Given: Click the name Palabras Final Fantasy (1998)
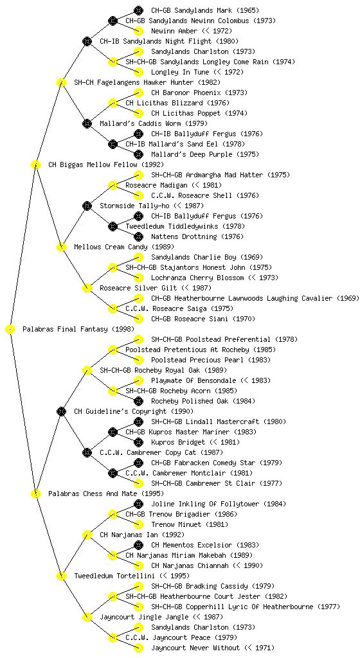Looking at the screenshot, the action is pos(78,330).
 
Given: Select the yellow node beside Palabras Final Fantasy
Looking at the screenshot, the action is pos(10,330).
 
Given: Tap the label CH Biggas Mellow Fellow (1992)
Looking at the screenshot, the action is pos(106,165).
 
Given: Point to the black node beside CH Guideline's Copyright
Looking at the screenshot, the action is pos(61,412).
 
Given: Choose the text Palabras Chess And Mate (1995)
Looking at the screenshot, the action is pos(106,494).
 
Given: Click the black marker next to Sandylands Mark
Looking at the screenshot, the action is pos(138,10).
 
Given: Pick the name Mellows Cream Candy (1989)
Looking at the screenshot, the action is pos(124,247).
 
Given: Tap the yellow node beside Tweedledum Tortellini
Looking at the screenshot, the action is pos(61,576).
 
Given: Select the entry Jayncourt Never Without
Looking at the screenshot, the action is pos(195,648).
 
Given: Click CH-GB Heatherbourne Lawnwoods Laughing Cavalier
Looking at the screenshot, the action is pos(242,298).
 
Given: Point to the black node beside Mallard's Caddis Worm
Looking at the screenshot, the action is pos(87,124).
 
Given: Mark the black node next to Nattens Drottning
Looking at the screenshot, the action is pos(138,236).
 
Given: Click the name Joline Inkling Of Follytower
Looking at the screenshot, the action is pos(206,504).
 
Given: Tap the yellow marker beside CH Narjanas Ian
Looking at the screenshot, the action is pos(87,535).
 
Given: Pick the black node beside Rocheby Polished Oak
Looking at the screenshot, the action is pos(138,401).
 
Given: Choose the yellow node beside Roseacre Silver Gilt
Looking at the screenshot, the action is pos(87,289).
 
